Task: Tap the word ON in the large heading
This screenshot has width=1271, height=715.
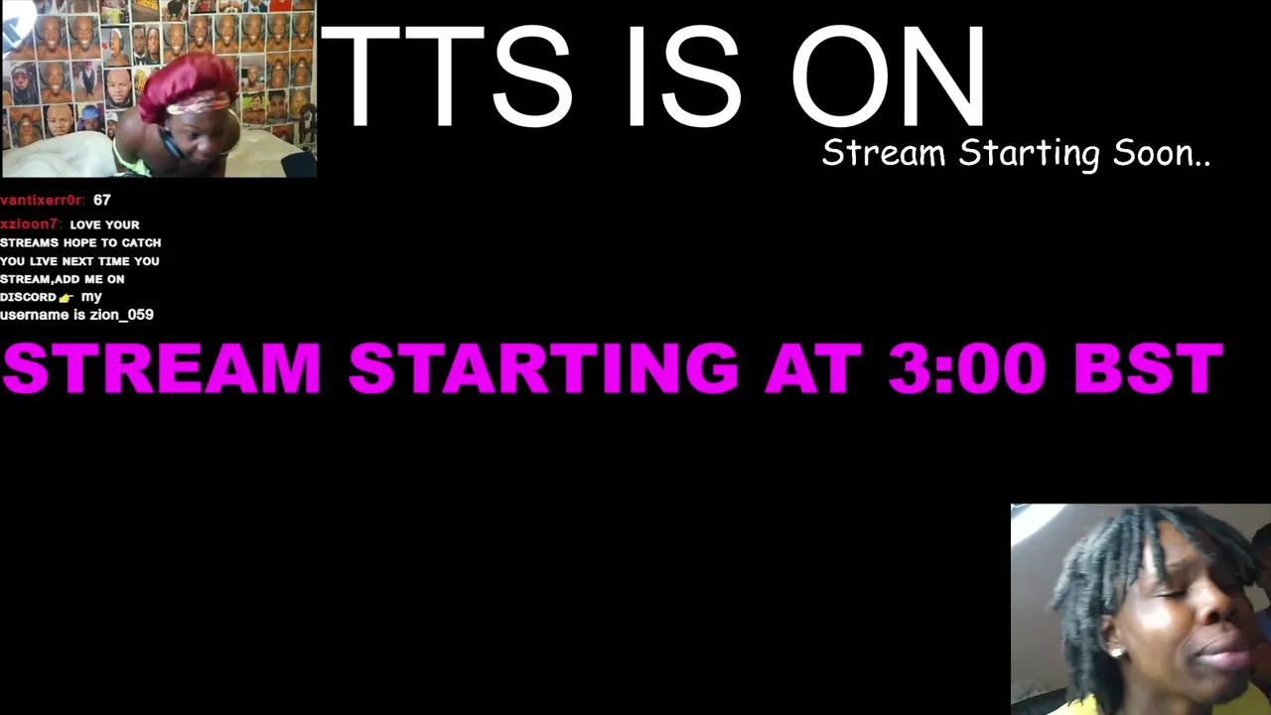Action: click(888, 75)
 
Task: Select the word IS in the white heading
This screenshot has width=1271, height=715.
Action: click(684, 75)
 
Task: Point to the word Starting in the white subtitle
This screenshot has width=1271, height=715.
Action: click(1030, 154)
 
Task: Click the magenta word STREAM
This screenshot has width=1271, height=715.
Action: click(162, 367)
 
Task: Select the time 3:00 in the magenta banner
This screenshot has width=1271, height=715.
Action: click(967, 367)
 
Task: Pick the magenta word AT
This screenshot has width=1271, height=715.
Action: click(813, 367)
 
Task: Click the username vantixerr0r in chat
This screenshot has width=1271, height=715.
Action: click(42, 201)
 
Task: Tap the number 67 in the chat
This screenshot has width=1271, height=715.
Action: click(102, 201)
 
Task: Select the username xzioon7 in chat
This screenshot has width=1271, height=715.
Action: click(30, 224)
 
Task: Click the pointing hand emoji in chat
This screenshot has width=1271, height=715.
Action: click(67, 298)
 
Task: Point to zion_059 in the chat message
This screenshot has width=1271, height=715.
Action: click(121, 315)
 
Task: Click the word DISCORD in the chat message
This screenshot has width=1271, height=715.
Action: click(29, 297)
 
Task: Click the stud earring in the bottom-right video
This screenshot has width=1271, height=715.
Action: click(1116, 652)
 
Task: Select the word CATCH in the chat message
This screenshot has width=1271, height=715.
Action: click(141, 243)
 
